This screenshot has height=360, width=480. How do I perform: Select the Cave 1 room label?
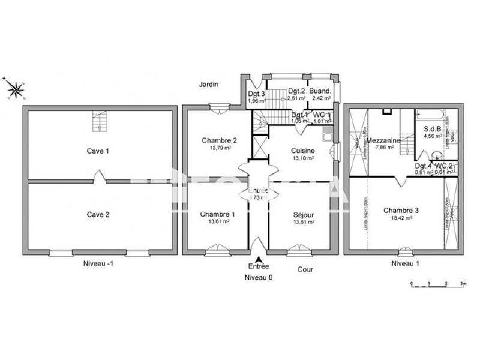click(x=98, y=151)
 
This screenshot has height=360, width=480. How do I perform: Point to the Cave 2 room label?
click(x=98, y=214)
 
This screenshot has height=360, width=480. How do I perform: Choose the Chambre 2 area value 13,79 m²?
click(x=220, y=148)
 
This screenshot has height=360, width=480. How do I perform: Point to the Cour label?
click(x=305, y=269)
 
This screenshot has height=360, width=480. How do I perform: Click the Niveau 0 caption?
click(x=259, y=278)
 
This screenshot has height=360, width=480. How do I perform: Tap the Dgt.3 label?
click(x=257, y=94)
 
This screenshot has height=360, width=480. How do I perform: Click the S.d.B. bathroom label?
click(x=433, y=128)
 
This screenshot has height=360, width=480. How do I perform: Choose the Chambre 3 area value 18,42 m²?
click(x=401, y=218)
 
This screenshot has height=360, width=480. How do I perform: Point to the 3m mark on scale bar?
click(x=463, y=282)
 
